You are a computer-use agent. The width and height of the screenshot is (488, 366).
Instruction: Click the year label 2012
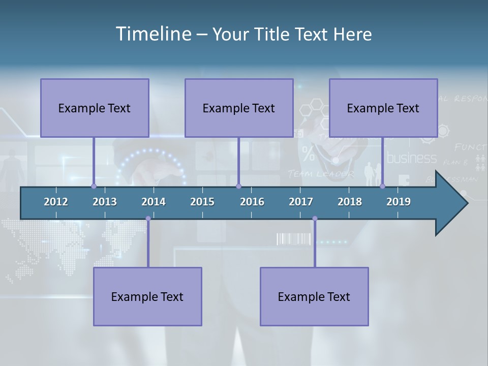click(56, 202)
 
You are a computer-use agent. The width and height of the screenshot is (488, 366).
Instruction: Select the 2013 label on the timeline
click(105, 202)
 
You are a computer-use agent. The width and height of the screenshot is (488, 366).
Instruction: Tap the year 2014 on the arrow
click(154, 202)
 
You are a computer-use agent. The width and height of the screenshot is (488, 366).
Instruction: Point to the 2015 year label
click(202, 202)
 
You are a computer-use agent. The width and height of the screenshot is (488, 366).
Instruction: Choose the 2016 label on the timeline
click(252, 202)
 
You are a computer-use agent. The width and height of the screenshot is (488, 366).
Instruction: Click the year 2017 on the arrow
click(301, 202)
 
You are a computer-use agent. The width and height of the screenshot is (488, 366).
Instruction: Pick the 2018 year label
click(350, 202)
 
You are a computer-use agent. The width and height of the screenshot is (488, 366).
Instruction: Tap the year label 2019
click(399, 202)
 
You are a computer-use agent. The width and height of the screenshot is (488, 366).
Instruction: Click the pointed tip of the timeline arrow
click(466, 203)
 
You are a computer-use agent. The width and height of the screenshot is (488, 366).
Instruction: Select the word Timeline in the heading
click(153, 34)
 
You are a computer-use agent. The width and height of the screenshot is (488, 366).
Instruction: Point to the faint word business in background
click(412, 158)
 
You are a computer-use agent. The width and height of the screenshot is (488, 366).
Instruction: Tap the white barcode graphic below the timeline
click(293, 239)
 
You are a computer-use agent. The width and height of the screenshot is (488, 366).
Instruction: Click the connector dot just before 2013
click(94, 186)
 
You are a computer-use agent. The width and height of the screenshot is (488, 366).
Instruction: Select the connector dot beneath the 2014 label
click(148, 219)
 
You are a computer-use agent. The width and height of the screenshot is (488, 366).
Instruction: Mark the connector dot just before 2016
click(238, 186)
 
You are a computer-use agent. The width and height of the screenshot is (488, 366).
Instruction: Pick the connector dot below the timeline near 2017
click(315, 219)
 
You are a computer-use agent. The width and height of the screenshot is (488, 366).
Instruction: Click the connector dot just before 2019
click(382, 186)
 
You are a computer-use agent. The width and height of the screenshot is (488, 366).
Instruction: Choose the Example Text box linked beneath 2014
click(147, 296)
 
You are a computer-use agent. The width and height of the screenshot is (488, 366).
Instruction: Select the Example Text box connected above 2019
click(383, 108)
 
